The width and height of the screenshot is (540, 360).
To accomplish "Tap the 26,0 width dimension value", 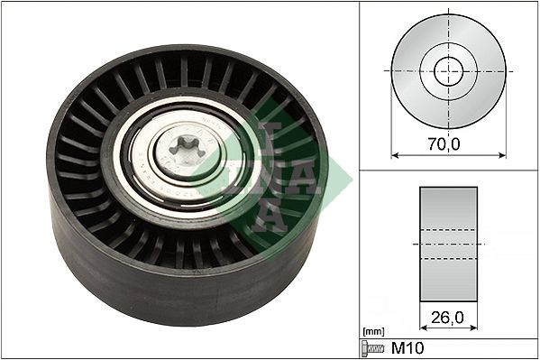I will [x=448, y=318].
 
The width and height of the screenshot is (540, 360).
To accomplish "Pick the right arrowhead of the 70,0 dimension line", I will [x=501, y=153].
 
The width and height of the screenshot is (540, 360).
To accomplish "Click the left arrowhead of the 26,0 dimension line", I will [x=423, y=330].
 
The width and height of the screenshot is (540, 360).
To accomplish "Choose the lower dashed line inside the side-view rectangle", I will [x=448, y=259].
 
